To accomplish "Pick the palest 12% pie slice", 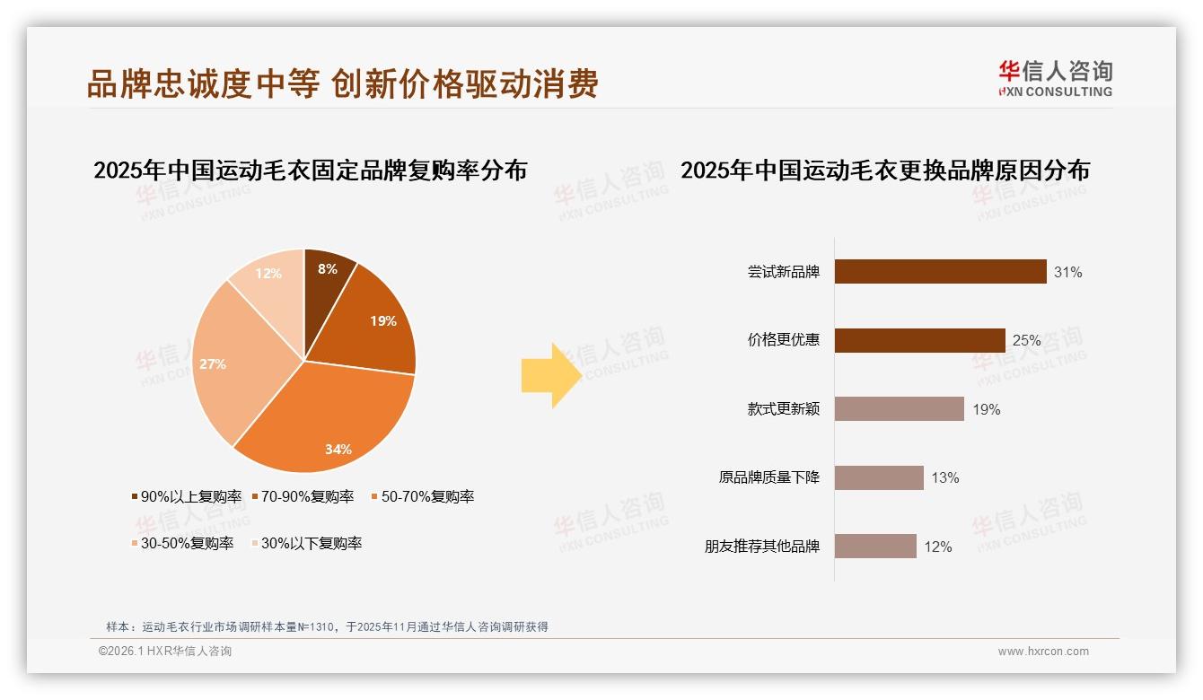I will [x=270, y=279].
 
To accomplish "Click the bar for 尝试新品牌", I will [x=940, y=271].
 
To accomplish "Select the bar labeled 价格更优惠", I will [x=919, y=340].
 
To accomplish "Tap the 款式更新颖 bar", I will [x=899, y=409].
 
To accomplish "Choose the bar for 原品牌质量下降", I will [x=879, y=477].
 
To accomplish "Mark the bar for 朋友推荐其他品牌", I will [x=875, y=547].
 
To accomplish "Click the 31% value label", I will [x=1068, y=272].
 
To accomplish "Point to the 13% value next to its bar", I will [x=944, y=478].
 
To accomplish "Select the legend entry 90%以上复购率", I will [x=186, y=496].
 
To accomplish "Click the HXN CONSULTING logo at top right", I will [x=1055, y=79].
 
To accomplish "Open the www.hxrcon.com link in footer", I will [x=1043, y=652].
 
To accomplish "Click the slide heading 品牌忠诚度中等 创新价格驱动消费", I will [x=343, y=84].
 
